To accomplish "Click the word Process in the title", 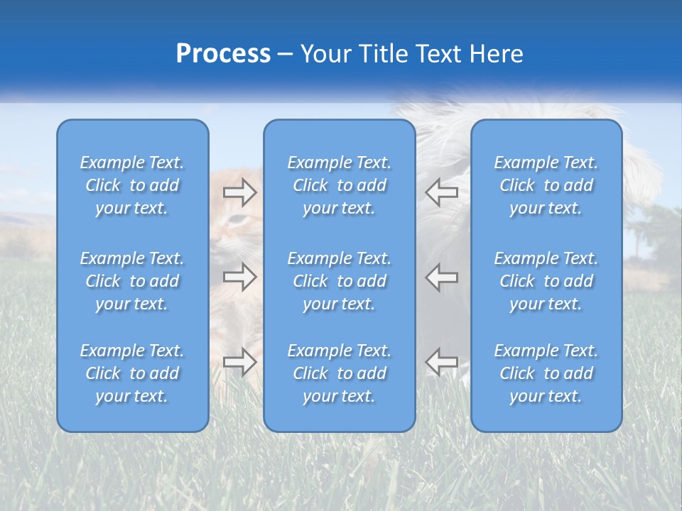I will pyautogui.click(x=223, y=54).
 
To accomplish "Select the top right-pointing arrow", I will pyautogui.click(x=239, y=192).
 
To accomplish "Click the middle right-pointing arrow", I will pyautogui.click(x=239, y=277).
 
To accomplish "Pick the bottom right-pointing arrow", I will pyautogui.click(x=239, y=362).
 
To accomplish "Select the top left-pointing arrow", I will pyautogui.click(x=441, y=192).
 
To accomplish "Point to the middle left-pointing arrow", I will pyautogui.click(x=441, y=277).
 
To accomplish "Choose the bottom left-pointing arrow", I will pyautogui.click(x=441, y=362).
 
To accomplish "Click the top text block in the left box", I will pyautogui.click(x=132, y=185).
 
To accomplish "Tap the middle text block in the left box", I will pyautogui.click(x=132, y=281).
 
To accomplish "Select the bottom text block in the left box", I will pyautogui.click(x=132, y=373).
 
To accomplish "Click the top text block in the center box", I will pyautogui.click(x=340, y=185).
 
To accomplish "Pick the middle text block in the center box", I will pyautogui.click(x=340, y=281).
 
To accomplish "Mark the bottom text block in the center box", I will pyautogui.click(x=340, y=373).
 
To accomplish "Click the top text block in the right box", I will pyautogui.click(x=546, y=185).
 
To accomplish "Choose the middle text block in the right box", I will pyautogui.click(x=546, y=281).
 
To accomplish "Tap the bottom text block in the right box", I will pyautogui.click(x=546, y=373).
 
